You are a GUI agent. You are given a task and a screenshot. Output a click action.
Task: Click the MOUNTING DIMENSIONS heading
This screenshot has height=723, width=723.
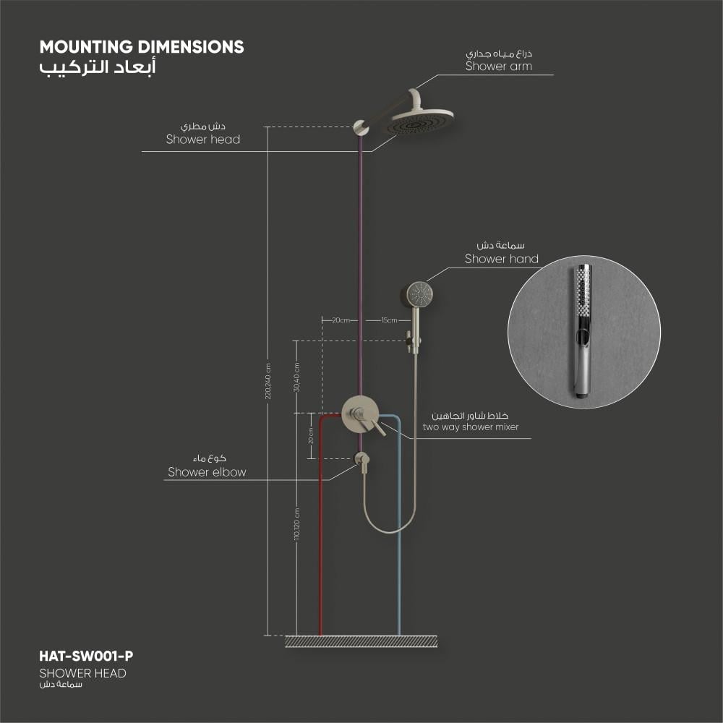tap(142, 47)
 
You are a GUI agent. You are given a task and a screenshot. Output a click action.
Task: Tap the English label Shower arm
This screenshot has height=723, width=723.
tap(498, 67)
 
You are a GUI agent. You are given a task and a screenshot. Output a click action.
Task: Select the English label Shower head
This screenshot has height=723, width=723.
tap(203, 140)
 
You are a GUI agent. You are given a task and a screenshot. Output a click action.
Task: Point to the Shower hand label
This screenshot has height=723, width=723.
tap(501, 259)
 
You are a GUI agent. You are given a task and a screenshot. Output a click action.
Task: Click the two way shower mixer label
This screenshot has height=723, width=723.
tap(471, 427)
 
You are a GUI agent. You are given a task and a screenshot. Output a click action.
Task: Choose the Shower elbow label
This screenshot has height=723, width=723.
tap(207, 472)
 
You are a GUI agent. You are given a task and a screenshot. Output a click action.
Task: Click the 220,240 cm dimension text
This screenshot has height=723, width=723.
tap(268, 381)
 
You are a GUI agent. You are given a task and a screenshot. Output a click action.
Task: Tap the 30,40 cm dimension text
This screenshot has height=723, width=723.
tap(296, 377)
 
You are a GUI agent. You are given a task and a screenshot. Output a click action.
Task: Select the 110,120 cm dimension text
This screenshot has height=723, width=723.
tap(296, 524)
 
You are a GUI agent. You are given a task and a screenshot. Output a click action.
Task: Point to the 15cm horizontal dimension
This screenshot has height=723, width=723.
tap(389, 320)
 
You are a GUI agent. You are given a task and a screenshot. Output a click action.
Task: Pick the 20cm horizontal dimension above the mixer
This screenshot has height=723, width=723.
tap(341, 320)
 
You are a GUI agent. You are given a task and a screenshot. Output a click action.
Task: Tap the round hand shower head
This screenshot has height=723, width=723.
tap(419, 294)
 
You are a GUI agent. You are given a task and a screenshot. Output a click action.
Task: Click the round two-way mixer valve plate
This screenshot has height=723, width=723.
tap(360, 414)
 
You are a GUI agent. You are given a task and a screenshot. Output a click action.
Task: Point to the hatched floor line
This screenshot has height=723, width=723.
tap(361, 641)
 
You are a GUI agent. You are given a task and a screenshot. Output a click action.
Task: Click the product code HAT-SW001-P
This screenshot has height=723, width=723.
tap(86, 656)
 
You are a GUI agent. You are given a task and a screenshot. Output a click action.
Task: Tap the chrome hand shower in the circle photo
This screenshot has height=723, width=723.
tap(583, 330)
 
